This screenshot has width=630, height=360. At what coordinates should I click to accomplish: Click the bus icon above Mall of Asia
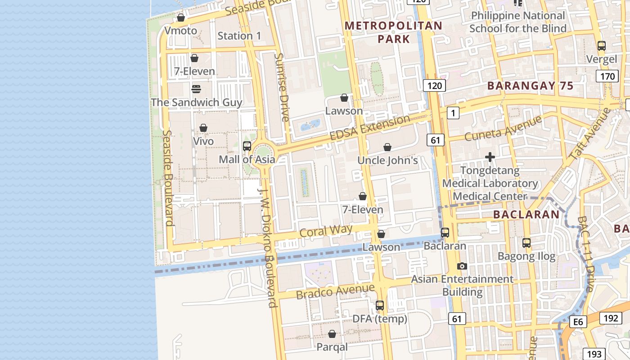pos(247,146)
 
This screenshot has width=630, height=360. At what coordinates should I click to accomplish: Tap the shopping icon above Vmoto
pos(181,18)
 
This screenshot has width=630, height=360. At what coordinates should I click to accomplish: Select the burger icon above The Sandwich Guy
pos(196,89)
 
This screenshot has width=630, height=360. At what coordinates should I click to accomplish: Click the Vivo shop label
pos(203,141)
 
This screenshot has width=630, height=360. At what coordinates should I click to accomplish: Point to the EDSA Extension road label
pos(369,127)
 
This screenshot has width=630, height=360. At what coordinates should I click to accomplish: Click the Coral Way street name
pos(326,231)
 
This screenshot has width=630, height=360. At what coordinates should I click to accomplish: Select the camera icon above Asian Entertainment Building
pos(462,266)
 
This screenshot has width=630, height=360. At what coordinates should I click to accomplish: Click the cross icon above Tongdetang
pos(490,157)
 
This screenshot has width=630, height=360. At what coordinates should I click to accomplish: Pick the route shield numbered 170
pos(607,76)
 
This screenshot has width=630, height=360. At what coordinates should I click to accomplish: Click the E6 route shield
pos(578,321)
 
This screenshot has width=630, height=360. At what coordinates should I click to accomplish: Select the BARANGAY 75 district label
pos(530,85)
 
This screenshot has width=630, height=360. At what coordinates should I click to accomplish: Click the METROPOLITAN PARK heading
pos(394,32)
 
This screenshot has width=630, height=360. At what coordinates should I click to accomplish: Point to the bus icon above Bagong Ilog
pos(526,243)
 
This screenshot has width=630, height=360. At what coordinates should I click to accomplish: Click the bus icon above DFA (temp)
pos(380,306)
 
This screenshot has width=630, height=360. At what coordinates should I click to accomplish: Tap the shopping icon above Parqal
pos(332,334)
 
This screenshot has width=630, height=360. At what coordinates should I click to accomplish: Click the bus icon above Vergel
pos(601,46)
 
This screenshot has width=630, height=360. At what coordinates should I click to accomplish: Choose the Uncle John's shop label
pos(387,160)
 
